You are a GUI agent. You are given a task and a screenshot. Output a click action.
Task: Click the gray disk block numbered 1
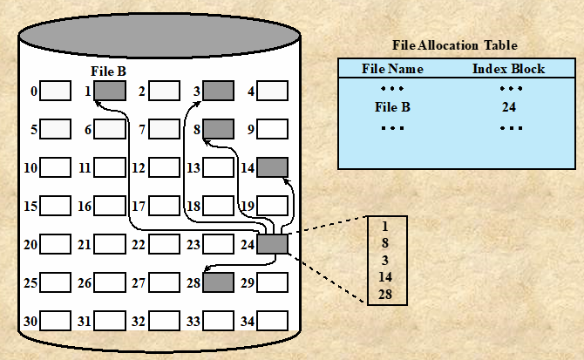(110, 91)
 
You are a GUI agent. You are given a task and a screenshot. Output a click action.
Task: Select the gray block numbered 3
(218, 91)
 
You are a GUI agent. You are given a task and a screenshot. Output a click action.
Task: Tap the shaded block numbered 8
(218, 130)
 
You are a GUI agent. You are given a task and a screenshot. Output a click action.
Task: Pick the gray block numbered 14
(273, 167)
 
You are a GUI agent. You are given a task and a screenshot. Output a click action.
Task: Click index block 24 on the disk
(273, 244)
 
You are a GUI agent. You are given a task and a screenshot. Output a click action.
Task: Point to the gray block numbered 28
(218, 282)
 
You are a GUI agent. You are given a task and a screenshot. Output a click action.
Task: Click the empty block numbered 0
(56, 91)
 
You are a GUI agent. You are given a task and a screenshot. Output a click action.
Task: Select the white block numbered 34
(273, 322)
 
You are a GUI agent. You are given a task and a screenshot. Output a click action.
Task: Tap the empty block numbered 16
(110, 207)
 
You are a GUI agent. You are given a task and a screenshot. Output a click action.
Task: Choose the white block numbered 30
(56, 322)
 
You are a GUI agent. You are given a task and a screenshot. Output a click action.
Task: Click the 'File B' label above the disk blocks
(109, 71)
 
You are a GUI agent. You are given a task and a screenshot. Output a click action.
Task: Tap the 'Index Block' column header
(509, 68)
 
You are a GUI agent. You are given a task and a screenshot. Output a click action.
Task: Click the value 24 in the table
(510, 108)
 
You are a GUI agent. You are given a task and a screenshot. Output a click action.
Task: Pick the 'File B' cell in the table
(392, 108)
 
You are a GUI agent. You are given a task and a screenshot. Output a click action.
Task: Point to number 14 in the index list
(385, 277)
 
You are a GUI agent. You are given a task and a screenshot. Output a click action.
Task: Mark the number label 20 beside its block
(31, 245)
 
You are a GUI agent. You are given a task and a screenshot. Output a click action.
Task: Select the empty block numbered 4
(273, 91)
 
